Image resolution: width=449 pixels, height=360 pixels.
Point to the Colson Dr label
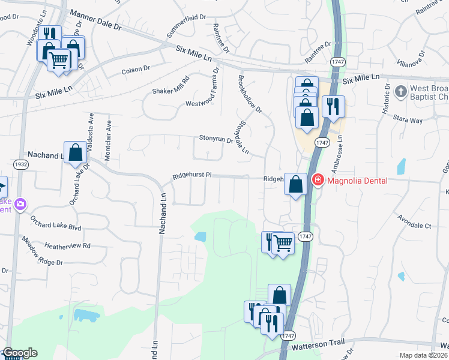[136, 69]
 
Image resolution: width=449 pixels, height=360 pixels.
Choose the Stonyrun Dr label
[215, 140]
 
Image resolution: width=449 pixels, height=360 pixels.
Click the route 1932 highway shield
[21, 164]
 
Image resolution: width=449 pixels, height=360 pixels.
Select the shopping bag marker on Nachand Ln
[76, 152]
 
